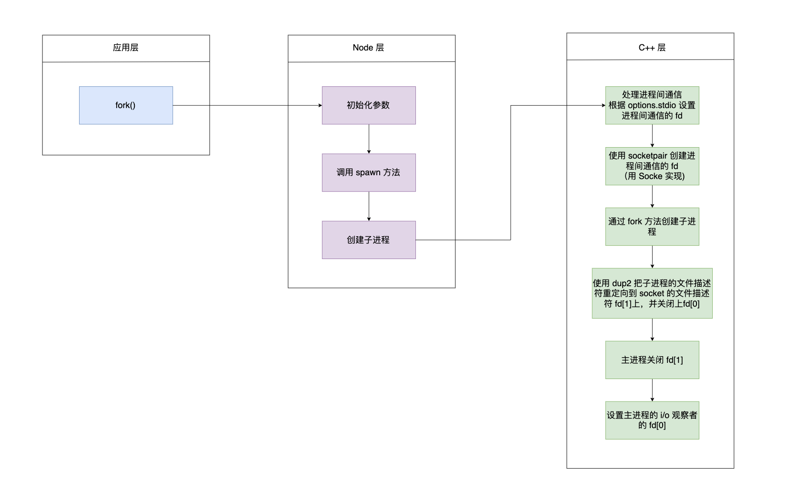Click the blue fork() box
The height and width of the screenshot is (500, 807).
coord(126,105)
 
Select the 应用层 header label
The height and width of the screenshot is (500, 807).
coord(125,48)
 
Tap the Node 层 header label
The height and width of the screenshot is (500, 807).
coord(368,48)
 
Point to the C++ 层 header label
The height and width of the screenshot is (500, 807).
coord(652,48)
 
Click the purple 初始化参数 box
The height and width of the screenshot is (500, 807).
coord(369,105)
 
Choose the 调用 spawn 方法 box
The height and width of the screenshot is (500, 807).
coord(369,172)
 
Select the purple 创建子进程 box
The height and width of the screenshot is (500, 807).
coord(369,240)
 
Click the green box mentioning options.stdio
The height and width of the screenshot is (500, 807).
coord(652,105)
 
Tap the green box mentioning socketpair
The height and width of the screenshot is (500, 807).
coord(652,166)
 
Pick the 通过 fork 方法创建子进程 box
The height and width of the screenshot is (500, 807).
coord(652,227)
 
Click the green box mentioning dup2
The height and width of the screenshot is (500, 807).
coord(652,293)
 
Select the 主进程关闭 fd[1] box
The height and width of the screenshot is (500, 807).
coord(652,360)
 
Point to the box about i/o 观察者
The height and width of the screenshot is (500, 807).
coord(652,420)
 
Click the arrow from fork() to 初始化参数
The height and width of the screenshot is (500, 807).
coord(248,106)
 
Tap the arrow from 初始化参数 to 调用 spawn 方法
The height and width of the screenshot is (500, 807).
coord(369,139)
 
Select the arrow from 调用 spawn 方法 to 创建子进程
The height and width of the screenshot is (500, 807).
coord(369,206)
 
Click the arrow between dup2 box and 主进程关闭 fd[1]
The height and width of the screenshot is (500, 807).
coord(652,330)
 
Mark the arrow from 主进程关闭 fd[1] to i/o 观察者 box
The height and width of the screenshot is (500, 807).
coord(652,390)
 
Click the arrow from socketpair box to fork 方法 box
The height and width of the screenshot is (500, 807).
coord(652,196)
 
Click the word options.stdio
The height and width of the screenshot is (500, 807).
coord(652,105)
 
